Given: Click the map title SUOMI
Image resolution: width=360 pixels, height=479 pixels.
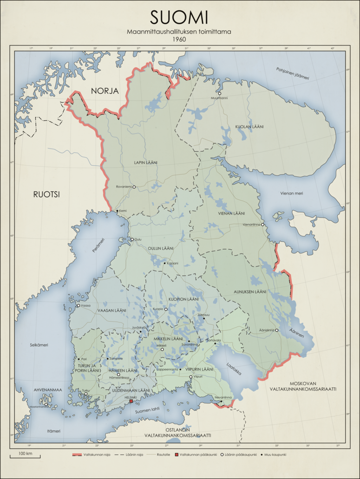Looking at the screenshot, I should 179,18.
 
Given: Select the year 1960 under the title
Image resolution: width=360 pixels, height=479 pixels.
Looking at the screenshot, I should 179,39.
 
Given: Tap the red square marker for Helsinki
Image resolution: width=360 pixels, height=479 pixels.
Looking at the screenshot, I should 131,401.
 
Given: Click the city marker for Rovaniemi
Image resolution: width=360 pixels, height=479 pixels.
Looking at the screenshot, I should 134,187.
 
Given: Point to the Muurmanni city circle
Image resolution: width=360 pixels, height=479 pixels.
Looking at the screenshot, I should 220,93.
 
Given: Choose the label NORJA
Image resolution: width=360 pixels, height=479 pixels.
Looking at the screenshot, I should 105,91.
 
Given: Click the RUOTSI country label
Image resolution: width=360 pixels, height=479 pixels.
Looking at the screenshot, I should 47,194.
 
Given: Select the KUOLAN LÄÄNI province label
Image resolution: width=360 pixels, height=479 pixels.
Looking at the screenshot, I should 249,127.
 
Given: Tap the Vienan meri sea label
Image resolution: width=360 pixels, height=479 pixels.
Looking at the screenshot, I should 291,193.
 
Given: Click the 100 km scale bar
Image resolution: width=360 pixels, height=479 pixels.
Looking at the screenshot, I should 25,455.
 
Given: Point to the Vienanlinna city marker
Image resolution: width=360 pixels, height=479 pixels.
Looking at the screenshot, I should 262,225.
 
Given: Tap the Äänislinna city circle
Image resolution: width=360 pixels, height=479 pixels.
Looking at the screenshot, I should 277,330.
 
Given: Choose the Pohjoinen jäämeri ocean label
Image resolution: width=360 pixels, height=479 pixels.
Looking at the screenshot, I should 293,73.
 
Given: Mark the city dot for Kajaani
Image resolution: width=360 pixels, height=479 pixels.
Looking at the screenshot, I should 164,263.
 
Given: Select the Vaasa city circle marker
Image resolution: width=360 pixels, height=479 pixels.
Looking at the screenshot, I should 78,305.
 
